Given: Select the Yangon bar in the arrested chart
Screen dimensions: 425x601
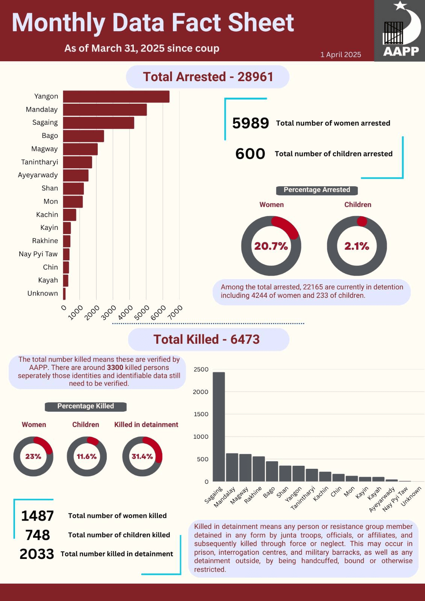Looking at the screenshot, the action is point(116,97).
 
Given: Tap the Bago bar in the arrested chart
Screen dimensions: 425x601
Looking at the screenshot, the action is point(83,136).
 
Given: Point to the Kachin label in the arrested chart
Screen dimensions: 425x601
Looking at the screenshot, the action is point(47,214).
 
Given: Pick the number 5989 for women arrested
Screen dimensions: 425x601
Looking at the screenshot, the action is point(251,123).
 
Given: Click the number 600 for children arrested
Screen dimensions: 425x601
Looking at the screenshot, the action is point(250,154).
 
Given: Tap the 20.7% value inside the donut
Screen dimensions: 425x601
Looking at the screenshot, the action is point(271,246).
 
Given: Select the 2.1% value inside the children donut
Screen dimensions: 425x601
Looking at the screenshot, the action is point(357,246).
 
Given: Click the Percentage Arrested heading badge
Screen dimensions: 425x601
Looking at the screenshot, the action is point(317,190).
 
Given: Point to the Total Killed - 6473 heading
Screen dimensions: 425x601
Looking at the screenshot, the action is point(207,340).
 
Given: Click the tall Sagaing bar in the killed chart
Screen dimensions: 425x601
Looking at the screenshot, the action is point(219,427).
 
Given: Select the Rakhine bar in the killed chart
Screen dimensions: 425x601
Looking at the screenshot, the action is point(259,469).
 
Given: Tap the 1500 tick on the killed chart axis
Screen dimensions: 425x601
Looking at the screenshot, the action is point(201,414).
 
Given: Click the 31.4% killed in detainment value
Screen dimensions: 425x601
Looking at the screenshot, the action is point(142,456).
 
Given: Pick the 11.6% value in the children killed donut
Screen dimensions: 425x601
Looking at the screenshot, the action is point(87,456).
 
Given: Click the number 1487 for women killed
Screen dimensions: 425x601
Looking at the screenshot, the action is point(37,516).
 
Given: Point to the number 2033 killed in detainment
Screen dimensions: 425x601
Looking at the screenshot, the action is point(37,554).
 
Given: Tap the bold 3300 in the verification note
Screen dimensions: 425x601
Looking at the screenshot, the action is point(115,368).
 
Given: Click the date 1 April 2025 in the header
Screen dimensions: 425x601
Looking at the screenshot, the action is point(341,55).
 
